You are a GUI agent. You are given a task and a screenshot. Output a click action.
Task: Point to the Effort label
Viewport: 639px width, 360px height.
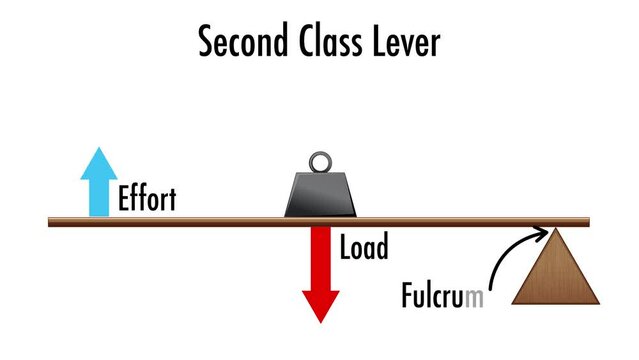tap(147, 198)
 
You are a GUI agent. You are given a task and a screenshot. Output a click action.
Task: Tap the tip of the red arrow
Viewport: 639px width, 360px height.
tap(320, 320)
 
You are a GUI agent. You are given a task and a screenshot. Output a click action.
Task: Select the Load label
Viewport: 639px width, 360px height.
tap(363, 247)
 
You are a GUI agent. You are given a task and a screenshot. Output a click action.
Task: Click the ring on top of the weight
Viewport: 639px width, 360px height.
tap(320, 162)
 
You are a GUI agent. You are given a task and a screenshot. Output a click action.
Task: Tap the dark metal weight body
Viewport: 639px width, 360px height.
tap(320, 194)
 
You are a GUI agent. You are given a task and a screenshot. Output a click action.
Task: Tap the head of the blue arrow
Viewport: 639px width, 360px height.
tap(98, 161)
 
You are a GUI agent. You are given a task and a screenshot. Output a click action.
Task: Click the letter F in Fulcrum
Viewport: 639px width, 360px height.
tap(406, 297)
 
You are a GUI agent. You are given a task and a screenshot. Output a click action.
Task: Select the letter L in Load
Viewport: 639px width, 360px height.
tap(345, 247)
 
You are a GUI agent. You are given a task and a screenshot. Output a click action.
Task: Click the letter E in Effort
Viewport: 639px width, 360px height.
tap(124, 198)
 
